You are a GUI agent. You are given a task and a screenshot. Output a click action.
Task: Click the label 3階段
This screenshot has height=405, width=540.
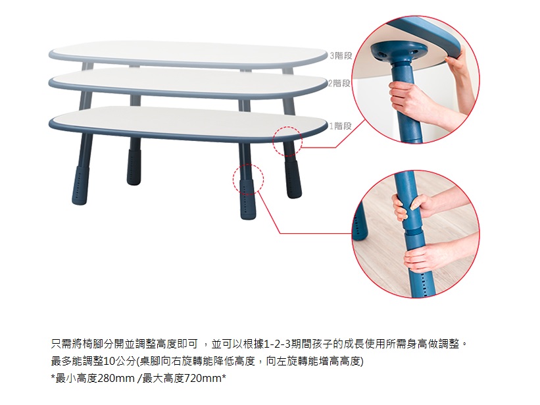[x=341, y=55]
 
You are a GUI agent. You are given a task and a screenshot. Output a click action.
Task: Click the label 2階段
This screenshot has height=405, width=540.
[x=339, y=84]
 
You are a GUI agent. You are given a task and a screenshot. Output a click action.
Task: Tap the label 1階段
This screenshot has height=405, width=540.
[x=340, y=126]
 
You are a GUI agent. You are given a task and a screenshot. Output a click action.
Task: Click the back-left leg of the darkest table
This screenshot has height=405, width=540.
[x=134, y=161]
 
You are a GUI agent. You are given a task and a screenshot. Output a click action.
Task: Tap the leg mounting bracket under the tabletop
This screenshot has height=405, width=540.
[x=399, y=52]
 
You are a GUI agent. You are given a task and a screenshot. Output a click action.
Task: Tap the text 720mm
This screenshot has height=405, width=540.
[x=203, y=379]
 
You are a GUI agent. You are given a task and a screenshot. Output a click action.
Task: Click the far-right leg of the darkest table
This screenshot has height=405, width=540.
[x=293, y=171]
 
